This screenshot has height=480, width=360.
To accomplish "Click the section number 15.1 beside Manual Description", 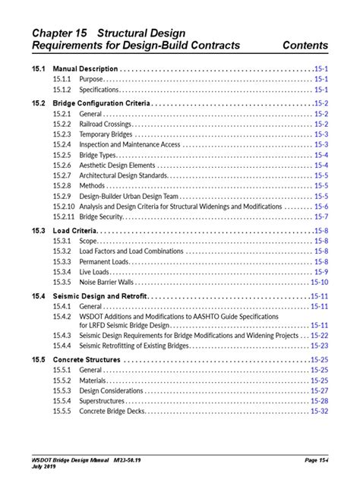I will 39,68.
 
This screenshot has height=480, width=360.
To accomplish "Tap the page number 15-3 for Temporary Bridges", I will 321,134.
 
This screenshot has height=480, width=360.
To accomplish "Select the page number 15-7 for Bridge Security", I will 321,216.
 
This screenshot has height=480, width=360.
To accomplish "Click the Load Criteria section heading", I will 74,231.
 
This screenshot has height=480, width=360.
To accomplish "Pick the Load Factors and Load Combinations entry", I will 131,251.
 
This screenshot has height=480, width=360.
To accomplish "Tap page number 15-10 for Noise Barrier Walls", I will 319,282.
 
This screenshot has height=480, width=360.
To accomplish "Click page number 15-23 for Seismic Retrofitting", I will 319,345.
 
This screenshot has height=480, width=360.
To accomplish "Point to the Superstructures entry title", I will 103,401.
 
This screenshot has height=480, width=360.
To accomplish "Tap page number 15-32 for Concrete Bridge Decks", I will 319,411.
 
